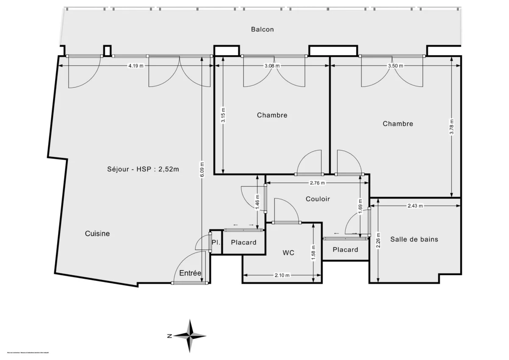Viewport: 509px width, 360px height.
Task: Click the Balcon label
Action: (262, 29)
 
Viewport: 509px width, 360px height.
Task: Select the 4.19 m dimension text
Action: (136, 66)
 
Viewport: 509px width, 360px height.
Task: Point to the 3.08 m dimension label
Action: (272, 66)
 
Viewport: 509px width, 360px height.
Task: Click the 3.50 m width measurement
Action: (395, 66)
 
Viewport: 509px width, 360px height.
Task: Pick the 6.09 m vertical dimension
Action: (202, 170)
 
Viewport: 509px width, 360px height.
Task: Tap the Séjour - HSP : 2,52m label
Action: (143, 169)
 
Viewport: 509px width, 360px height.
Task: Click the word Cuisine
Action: (97, 233)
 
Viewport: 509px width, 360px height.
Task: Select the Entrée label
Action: (190, 273)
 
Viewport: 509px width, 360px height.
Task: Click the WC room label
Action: (288, 253)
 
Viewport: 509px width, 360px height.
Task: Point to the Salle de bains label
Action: (414, 239)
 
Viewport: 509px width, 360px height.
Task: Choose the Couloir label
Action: (318, 198)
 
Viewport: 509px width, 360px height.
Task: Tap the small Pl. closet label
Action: (215, 242)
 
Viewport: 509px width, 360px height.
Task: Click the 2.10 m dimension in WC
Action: (282, 275)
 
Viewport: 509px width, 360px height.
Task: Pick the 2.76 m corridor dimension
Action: (316, 183)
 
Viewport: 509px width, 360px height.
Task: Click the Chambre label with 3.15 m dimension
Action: (272, 115)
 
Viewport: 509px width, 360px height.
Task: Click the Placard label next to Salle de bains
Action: (345, 249)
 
